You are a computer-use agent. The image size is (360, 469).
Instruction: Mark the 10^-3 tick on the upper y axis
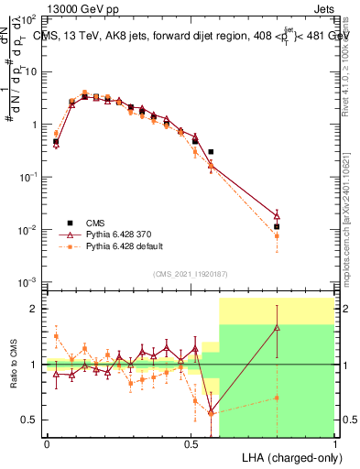tap(30, 281)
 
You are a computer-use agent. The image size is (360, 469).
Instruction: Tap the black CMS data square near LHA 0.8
tap(277, 226)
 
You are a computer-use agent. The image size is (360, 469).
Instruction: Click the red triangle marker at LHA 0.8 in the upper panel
tap(277, 216)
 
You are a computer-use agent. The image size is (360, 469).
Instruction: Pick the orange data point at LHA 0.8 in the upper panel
tap(277, 236)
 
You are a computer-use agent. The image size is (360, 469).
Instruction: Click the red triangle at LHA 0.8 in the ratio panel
tap(277, 327)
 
